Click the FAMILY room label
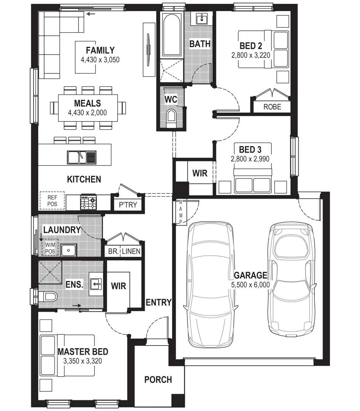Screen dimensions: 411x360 [x=100, y=50]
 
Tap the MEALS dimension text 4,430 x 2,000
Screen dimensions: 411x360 [x=87, y=112]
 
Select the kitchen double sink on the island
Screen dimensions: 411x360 [x=82, y=157]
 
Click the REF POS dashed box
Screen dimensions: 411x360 [x=52, y=201]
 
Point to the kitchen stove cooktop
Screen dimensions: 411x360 [x=89, y=202]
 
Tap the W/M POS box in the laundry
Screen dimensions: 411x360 [x=50, y=248]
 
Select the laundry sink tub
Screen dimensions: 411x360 [x=69, y=250]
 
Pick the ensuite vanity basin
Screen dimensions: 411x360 [x=96, y=284]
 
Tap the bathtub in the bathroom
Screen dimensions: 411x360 [x=171, y=35]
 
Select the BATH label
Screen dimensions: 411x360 [x=200, y=44]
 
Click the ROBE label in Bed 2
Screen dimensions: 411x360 [x=272, y=107]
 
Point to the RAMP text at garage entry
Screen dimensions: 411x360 [x=181, y=212]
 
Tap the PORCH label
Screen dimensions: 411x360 [x=158, y=379]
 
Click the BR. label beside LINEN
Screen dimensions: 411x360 [x=113, y=251]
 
